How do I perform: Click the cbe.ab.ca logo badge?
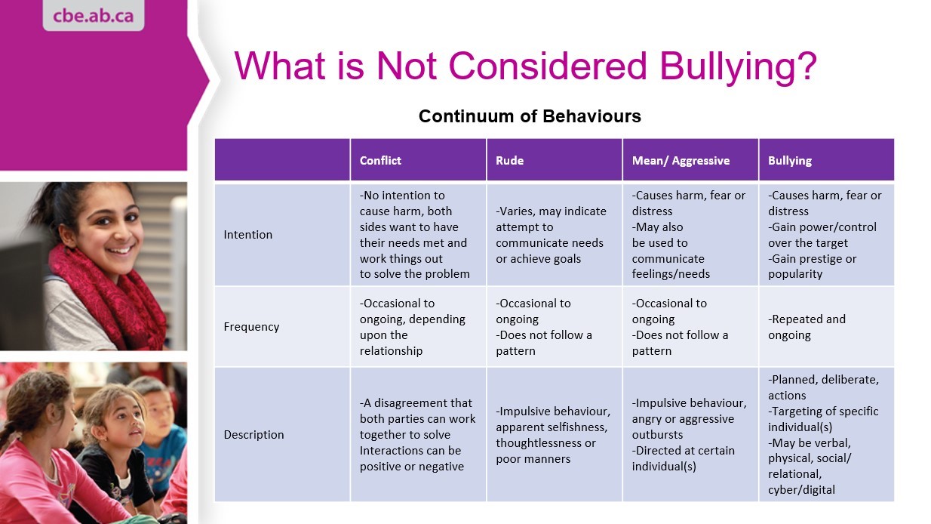pos(93,15)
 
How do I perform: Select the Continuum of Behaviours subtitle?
pos(530,116)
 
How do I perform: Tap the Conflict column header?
pos(380,160)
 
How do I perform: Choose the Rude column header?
pos(509,160)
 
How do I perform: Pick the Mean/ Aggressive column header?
pos(681,160)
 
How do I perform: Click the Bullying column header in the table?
pos(790,160)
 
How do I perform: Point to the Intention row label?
pos(247,235)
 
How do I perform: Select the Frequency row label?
pos(251,327)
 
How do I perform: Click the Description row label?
pos(253,435)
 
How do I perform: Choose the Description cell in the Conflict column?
pos(417,435)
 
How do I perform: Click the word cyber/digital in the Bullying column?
pos(801,490)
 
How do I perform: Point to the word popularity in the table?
pos(795,274)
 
